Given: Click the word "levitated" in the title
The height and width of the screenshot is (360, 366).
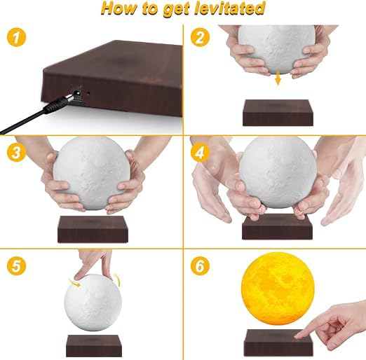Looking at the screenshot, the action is (x=230, y=9).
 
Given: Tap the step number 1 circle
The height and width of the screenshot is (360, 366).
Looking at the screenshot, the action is (x=16, y=37).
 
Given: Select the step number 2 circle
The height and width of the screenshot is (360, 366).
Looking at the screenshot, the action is (x=200, y=37).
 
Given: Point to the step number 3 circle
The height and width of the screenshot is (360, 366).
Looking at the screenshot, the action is (x=16, y=152).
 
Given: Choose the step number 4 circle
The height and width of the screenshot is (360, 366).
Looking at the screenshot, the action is (x=200, y=152).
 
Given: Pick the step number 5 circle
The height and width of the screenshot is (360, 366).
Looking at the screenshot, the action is (x=16, y=266).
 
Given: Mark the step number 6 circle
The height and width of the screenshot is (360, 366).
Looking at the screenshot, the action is (x=200, y=266).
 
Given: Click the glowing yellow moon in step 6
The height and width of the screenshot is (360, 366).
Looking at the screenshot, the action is (x=278, y=289).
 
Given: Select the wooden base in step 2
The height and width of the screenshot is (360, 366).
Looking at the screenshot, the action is (x=278, y=113).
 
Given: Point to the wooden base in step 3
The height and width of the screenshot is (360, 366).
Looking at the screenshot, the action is (x=93, y=229).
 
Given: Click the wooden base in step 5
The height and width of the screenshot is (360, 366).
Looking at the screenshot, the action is (x=94, y=346).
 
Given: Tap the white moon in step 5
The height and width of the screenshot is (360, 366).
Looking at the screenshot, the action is (x=93, y=303).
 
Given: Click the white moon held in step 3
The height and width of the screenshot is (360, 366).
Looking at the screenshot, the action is (x=92, y=173).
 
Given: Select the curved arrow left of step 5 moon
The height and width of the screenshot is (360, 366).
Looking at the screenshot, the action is (x=74, y=282).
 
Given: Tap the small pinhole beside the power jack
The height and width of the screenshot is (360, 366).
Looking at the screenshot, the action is (x=88, y=93).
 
